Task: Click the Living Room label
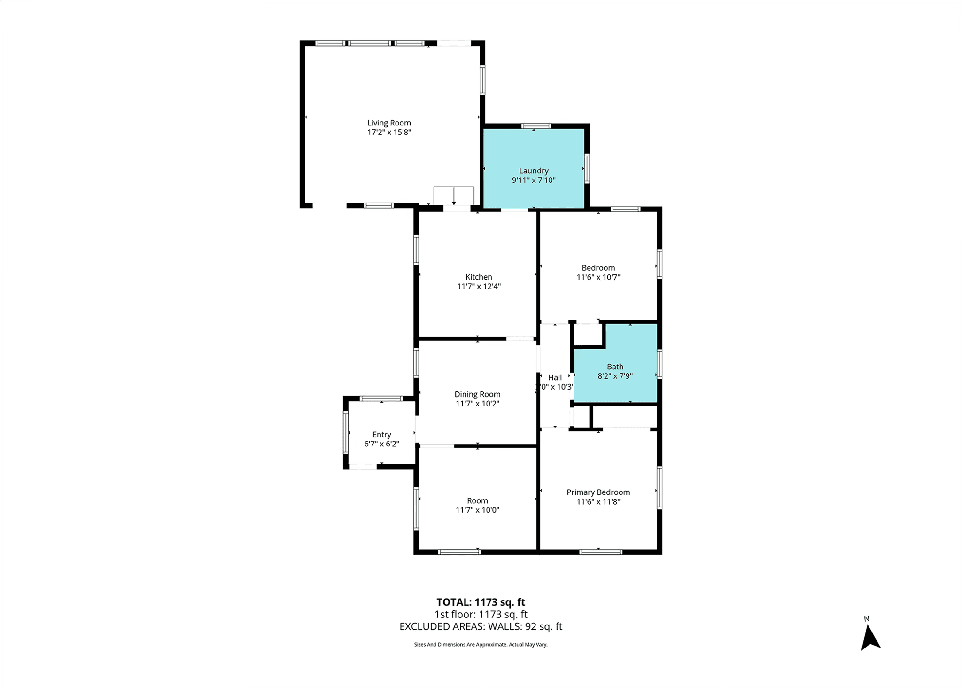[389, 123]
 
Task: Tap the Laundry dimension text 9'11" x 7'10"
[534, 180]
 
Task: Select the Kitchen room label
[479, 277]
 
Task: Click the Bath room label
[615, 367]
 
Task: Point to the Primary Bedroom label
[598, 492]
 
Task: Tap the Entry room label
[381, 435]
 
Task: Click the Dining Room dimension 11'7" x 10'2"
[477, 404]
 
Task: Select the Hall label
[555, 377]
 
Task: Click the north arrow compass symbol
[870, 638]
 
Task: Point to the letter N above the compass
[867, 619]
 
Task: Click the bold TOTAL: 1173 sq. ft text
[481, 602]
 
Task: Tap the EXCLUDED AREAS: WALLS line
[481, 626]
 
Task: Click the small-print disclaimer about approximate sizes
[481, 645]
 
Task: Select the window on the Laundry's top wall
[536, 126]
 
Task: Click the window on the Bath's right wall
[659, 364]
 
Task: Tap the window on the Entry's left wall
[346, 432]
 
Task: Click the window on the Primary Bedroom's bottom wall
[601, 552]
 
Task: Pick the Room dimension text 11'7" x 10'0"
[477, 510]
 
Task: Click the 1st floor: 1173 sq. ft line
[481, 615]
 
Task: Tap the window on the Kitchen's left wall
[416, 250]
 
